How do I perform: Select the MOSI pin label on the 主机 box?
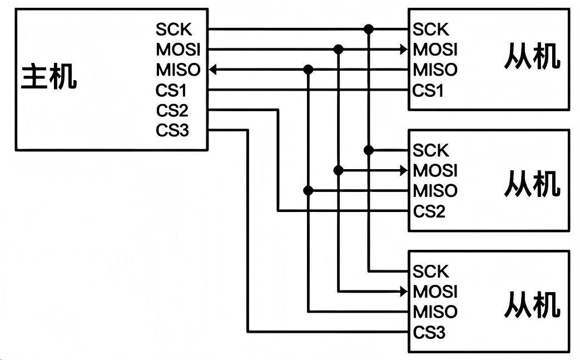pyautogui.click(x=177, y=50)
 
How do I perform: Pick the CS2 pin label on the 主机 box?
pyautogui.click(x=172, y=110)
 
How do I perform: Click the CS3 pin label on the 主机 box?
pyautogui.click(x=172, y=131)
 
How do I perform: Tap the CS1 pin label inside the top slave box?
pyautogui.click(x=428, y=90)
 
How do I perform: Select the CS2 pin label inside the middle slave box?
pyautogui.click(x=429, y=211)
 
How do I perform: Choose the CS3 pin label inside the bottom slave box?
pyautogui.click(x=429, y=333)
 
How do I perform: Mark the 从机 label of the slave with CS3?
pyautogui.click(x=532, y=304)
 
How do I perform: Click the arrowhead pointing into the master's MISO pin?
pyautogui.click(x=214, y=70)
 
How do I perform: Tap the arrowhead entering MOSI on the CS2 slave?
pyautogui.click(x=404, y=170)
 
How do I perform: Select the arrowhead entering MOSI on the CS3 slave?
pyautogui.click(x=404, y=291)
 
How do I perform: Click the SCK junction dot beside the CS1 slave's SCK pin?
pyautogui.click(x=368, y=28)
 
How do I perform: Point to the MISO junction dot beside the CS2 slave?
pyautogui.click(x=309, y=190)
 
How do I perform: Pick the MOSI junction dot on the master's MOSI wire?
pyautogui.click(x=338, y=50)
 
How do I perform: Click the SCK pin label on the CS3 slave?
pyautogui.click(x=430, y=272)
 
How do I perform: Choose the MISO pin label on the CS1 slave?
pyautogui.click(x=435, y=70)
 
